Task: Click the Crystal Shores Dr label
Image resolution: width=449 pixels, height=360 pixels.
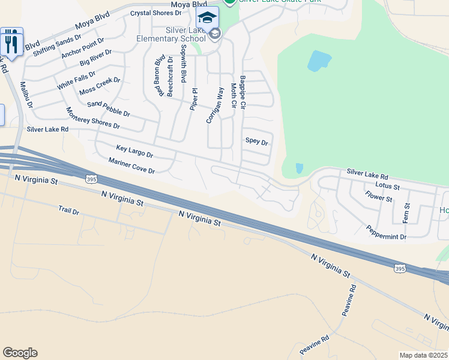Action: pos(155,13)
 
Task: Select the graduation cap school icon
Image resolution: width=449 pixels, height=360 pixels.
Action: pos(207,17)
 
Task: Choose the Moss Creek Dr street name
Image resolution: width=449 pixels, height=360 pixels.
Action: pos(100,86)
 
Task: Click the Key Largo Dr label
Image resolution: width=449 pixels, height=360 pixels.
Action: pos(134,151)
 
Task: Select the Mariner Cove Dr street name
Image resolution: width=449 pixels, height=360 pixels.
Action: pos(131,166)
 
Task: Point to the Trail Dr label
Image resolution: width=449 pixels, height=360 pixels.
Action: pos(69,211)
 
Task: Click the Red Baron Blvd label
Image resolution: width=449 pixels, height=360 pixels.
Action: pos(160,76)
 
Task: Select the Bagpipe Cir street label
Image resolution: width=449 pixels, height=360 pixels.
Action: pos(243,92)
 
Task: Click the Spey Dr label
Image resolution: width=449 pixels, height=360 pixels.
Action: pos(256,142)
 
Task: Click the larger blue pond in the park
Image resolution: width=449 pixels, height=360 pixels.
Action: pos(319,61)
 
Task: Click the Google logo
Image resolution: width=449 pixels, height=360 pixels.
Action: pos(20,353)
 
